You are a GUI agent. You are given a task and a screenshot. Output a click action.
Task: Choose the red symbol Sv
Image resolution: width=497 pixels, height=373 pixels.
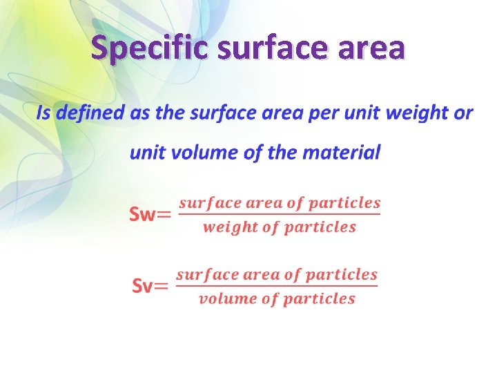tap(142, 286)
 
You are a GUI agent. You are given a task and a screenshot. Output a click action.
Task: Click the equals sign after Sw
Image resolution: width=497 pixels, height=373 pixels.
tap(164, 215)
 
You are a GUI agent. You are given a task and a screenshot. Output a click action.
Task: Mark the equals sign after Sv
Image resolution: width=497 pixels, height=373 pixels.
tap(161, 287)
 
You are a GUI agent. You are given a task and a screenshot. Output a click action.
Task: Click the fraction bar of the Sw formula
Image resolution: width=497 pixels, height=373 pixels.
tap(279, 215)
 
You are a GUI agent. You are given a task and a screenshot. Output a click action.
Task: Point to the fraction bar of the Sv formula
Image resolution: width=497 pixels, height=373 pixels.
tap(277, 287)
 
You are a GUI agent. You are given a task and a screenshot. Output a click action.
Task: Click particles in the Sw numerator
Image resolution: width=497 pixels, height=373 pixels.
tap(344, 203)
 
